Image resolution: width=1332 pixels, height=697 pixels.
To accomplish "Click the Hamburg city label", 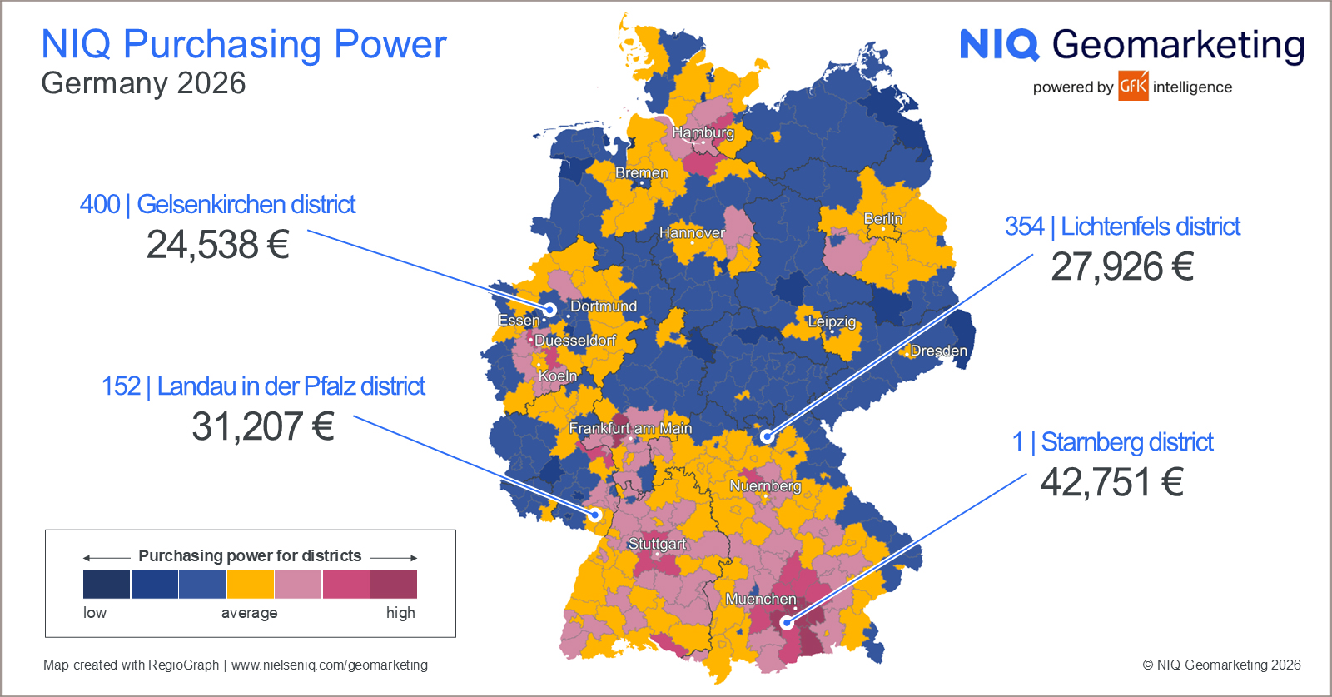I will pos(703,132).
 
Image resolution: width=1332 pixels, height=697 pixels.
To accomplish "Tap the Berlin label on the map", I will pos(882,218).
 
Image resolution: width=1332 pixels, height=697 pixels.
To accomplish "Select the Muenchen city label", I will pos(760,599).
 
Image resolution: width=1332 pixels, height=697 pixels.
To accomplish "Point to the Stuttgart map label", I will pos(657,544).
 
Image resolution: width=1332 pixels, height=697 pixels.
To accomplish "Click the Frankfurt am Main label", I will pos(630,428).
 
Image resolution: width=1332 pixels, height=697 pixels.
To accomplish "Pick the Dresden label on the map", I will pos(938,351).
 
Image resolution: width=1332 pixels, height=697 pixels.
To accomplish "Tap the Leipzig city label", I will pos(831,321).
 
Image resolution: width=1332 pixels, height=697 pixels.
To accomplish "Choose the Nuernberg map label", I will pos(765,485).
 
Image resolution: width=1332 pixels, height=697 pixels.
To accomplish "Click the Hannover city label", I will pos(692,232).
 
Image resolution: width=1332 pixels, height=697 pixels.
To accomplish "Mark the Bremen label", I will pos(641,173).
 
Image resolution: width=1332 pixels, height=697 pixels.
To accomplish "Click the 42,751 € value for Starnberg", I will pos(1111,482).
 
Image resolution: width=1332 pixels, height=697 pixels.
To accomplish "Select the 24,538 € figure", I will pos(217,245).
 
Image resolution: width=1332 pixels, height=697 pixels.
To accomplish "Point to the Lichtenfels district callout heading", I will pos(1122,227).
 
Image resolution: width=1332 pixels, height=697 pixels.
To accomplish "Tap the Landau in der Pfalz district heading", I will pos(263,386).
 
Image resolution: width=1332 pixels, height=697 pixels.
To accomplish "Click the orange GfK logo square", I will pos(1133,86).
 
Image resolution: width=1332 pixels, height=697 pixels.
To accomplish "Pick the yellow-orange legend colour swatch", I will pos(251,584).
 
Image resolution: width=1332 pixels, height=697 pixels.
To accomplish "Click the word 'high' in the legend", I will pos(400,613).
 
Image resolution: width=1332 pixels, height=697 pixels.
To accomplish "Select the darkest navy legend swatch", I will pos(107,584).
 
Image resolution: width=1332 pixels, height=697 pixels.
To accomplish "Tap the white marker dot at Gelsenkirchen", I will pos(549,310).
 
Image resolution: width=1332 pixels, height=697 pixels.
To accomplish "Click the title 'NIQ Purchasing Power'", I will pos(244,44).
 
